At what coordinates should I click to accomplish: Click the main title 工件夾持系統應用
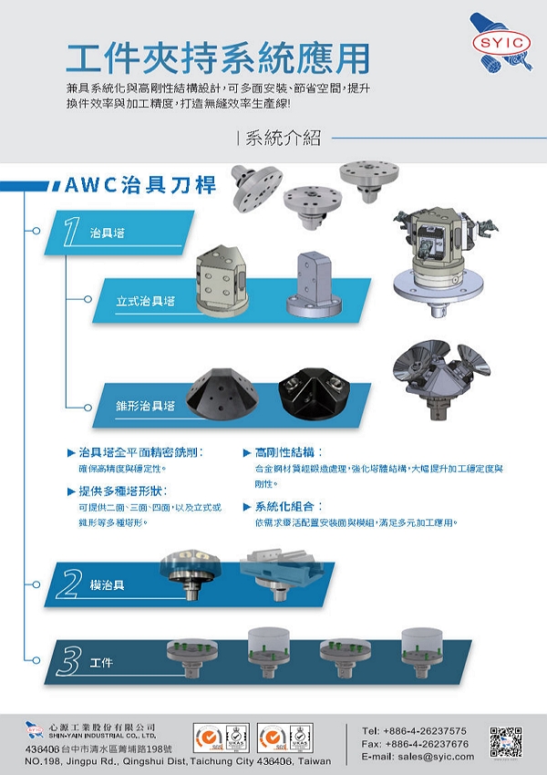pyautogui.click(x=218, y=57)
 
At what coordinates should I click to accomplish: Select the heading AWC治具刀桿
pyautogui.click(x=140, y=185)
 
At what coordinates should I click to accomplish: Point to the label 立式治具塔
pyautogui.click(x=145, y=301)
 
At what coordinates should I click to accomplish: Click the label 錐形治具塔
pyautogui.click(x=145, y=405)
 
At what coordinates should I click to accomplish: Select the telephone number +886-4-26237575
pyautogui.click(x=414, y=731)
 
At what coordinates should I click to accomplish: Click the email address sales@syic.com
pyautogui.click(x=418, y=757)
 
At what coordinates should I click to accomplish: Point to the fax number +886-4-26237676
pyautogui.click(x=415, y=744)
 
